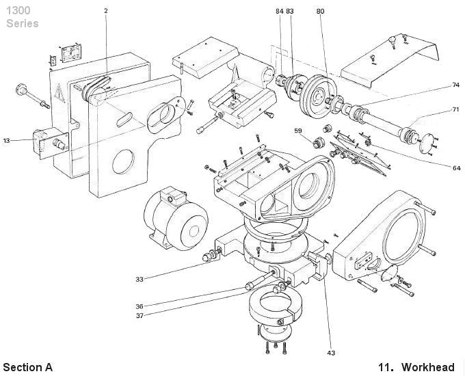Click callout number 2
[106, 12]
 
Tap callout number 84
[279, 12]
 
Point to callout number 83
[290, 12]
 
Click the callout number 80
[321, 12]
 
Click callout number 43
[331, 353]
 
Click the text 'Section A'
[27, 367]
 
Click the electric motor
[174, 217]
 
